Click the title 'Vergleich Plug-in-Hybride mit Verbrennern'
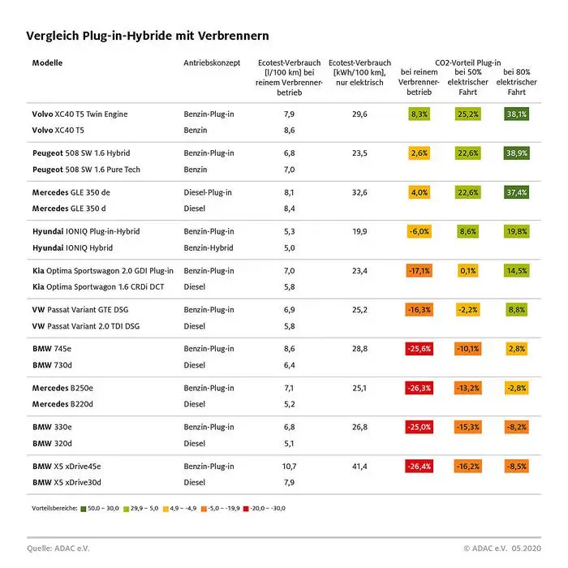pos(147,36)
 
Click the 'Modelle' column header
pos(48,63)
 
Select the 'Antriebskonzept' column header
pos(212,63)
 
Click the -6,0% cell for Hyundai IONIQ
pos(420,231)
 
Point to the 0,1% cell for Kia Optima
pos(467,270)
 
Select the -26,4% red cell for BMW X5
pos(420,467)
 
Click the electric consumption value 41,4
pos(359,467)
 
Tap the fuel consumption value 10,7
pos(289,467)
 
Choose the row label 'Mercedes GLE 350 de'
pos(75,192)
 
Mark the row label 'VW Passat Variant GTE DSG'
pos(84,309)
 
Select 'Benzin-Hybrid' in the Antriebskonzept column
pos(209,247)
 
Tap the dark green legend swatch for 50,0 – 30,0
pos(84,509)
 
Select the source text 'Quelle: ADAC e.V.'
pos(58,549)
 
